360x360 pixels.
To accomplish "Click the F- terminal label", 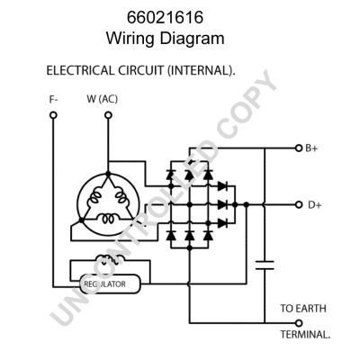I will (x=54, y=99).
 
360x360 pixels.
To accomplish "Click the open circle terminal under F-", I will (x=54, y=115).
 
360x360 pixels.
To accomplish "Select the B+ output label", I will (x=311, y=148).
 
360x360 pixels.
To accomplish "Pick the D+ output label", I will (x=315, y=204).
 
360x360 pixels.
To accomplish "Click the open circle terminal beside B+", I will (x=298, y=148).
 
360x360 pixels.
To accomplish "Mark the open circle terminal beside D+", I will (x=299, y=204).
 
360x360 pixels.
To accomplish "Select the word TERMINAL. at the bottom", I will (x=304, y=333).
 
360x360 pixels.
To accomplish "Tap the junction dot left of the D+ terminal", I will (x=237, y=204).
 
